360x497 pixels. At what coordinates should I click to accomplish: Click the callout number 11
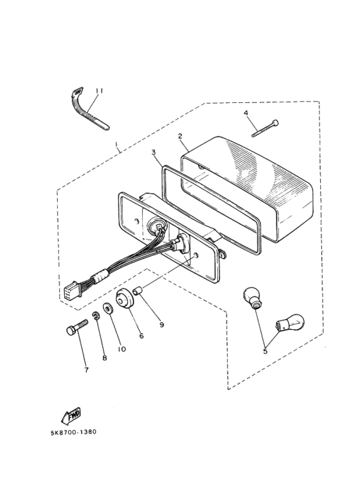pyautogui.click(x=99, y=91)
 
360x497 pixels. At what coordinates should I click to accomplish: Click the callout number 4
pyautogui.click(x=246, y=113)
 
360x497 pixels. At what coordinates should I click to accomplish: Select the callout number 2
pyautogui.click(x=180, y=136)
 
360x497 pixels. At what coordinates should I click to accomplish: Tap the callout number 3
pyautogui.click(x=154, y=152)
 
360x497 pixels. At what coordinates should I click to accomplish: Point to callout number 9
pyautogui.click(x=161, y=325)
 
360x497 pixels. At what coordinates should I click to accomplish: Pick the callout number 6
pyautogui.click(x=141, y=336)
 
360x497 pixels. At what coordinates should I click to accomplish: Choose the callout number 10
pyautogui.click(x=122, y=349)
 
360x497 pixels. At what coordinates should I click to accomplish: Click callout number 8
pyautogui.click(x=105, y=358)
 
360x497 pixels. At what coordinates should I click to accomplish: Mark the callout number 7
pyautogui.click(x=87, y=370)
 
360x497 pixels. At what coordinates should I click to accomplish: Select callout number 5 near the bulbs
pyautogui.click(x=265, y=351)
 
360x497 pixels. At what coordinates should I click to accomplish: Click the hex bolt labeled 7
pyautogui.click(x=77, y=327)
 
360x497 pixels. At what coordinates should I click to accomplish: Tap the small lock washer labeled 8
pyautogui.click(x=95, y=316)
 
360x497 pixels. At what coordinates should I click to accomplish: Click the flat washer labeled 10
pyautogui.click(x=108, y=309)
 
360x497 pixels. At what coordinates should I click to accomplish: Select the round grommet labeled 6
pyautogui.click(x=125, y=298)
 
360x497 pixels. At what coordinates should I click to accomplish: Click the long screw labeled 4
pyautogui.click(x=265, y=129)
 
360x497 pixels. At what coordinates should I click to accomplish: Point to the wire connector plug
pyautogui.click(x=72, y=290)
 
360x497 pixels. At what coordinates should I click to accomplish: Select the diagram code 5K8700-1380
pyautogui.click(x=73, y=432)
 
